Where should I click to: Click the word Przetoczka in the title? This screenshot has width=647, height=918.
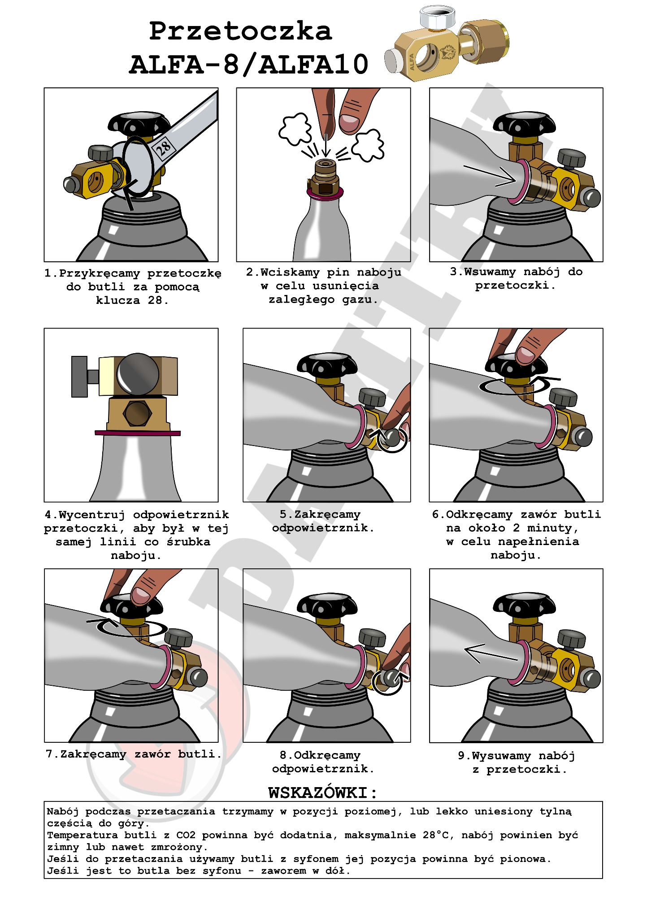[240, 31]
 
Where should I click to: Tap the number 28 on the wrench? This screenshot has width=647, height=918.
[163, 148]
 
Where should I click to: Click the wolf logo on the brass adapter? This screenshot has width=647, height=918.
[447, 52]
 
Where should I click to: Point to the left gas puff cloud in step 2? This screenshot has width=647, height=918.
[295, 129]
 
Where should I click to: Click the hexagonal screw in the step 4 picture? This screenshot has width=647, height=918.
[137, 413]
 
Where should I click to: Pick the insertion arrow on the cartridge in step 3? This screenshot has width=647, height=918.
[489, 176]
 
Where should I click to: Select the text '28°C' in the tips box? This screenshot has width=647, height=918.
[437, 835]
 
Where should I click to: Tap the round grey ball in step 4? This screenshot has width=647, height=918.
[138, 375]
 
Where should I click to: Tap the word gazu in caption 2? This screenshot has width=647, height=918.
[357, 299]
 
